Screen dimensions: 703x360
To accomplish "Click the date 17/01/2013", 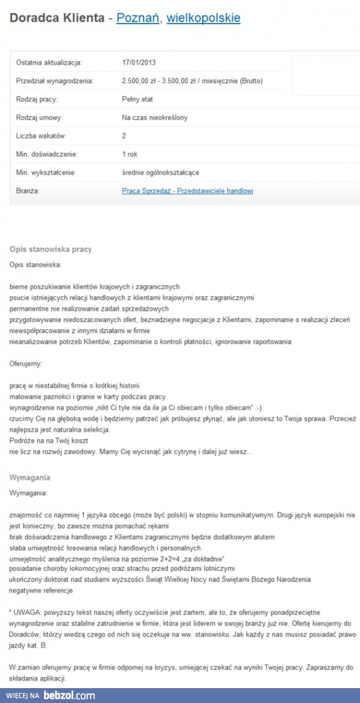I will click(x=139, y=62).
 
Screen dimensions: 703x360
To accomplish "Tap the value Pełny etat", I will click(x=137, y=99).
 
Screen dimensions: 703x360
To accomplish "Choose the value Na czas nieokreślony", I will click(x=155, y=117).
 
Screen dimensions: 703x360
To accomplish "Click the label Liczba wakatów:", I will click(x=41, y=136).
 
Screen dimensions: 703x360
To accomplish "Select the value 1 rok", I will click(x=130, y=154).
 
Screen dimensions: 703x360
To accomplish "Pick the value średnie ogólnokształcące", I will click(x=161, y=172).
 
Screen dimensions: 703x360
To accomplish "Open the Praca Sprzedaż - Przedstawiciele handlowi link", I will click(x=187, y=191).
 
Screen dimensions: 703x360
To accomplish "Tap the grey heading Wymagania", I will click(x=30, y=478).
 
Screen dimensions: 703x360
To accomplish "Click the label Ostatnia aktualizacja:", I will click(x=49, y=62).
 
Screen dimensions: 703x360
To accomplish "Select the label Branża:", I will click(x=28, y=191).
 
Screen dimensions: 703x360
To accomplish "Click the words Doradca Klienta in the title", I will click(x=56, y=18).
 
